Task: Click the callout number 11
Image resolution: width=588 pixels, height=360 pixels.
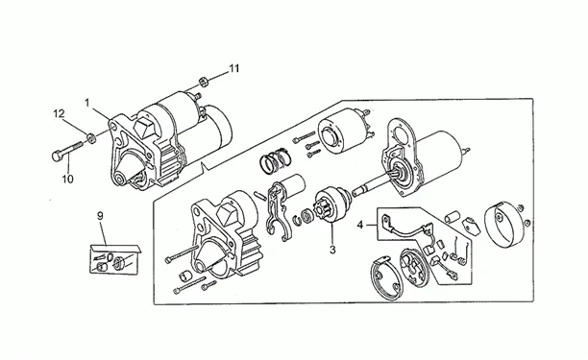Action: click(x=234, y=68)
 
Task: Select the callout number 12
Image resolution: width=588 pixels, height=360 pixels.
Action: click(x=59, y=113)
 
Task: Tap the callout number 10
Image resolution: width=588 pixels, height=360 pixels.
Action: click(x=68, y=180)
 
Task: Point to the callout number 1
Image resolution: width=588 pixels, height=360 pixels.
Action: click(x=87, y=103)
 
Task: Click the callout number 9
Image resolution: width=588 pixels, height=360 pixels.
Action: click(x=100, y=216)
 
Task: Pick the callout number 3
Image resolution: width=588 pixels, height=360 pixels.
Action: click(x=332, y=250)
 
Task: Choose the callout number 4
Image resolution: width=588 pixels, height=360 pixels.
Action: click(x=360, y=226)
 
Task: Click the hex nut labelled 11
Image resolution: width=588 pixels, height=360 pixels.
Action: click(x=204, y=82)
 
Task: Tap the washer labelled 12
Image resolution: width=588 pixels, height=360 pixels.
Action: click(x=90, y=138)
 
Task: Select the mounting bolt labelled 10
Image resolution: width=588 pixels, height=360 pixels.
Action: click(x=67, y=151)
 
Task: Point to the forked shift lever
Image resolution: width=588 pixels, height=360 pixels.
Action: click(x=277, y=211)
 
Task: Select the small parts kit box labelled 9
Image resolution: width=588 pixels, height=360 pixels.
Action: click(x=114, y=259)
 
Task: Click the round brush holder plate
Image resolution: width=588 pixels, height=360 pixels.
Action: click(x=414, y=266)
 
